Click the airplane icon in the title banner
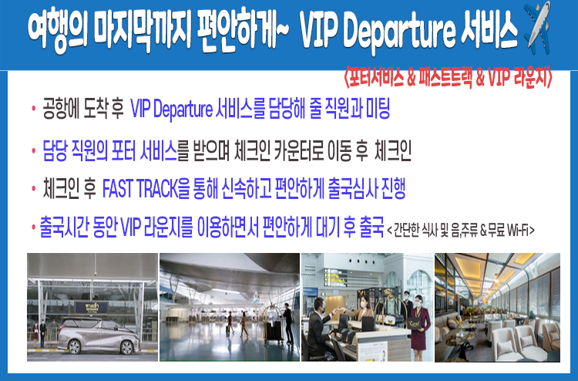[x=536, y=27]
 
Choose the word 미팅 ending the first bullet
[x=378, y=108]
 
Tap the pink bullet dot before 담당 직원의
[x=34, y=151]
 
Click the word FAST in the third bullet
[x=117, y=189]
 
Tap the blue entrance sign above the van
[x=92, y=307]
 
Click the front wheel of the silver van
[x=74, y=347]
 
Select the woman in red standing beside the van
[x=35, y=335]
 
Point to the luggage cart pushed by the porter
[x=273, y=324]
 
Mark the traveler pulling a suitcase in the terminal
[x=230, y=323]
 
